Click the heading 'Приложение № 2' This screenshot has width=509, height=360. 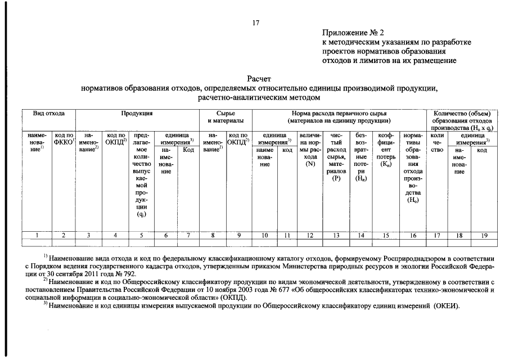(x=353, y=33)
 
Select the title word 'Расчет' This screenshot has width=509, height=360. (x=259, y=79)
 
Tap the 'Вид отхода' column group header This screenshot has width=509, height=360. (x=48, y=114)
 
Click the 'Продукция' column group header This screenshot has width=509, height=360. (x=137, y=114)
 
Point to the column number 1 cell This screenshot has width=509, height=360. (x=37, y=236)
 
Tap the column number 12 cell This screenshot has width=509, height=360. (x=310, y=236)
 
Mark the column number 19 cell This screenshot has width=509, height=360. (x=482, y=236)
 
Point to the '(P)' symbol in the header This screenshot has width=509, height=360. (x=336, y=179)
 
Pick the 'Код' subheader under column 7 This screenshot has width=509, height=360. (x=188, y=150)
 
